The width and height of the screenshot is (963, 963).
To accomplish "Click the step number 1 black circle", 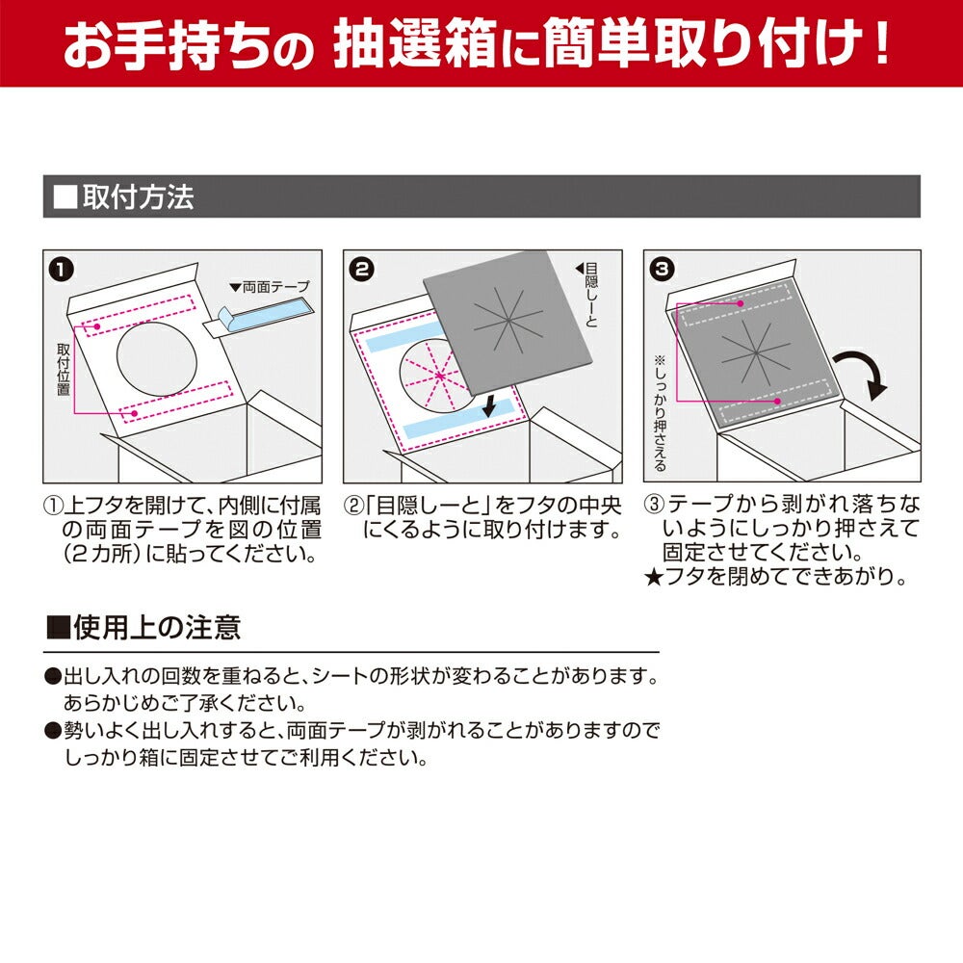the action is coord(62,270).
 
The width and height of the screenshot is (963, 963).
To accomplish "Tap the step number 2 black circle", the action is coord(362,270).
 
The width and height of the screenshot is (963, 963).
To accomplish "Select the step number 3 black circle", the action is coord(663,270).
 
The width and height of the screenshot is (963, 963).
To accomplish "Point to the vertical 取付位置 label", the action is coord(64,369).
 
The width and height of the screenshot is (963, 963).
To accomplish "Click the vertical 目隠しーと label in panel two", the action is coord(590,294).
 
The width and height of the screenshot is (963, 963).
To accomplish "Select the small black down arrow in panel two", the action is coord(489,405).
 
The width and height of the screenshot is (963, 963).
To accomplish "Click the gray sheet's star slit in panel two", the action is coord(508,323).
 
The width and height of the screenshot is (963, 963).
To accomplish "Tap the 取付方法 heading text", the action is coord(138,197).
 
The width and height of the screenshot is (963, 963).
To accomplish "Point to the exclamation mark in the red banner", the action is coord(881,43).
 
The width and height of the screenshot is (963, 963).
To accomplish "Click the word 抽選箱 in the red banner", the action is coord(414,43).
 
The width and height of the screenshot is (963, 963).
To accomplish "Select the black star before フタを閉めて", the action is coord(654,578).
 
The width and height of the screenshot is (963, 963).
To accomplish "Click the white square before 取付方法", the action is coord(65,197).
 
